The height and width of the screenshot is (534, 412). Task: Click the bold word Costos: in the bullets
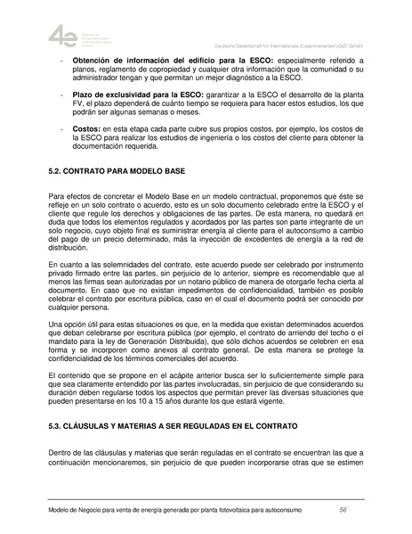tap(87, 129)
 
